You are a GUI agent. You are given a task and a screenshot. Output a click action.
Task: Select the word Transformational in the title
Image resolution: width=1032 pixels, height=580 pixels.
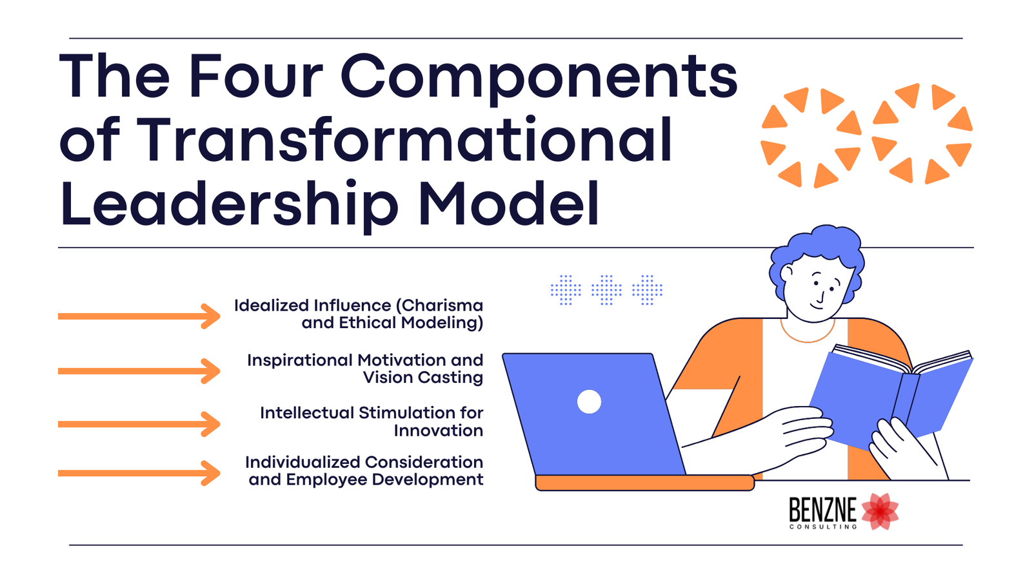pyautogui.click(x=405, y=140)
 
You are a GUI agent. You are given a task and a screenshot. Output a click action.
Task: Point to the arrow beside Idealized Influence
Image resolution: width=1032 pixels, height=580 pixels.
pyautogui.click(x=139, y=316)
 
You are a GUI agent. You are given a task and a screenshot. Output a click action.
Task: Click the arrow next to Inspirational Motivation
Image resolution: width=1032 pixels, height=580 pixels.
pyautogui.click(x=139, y=371)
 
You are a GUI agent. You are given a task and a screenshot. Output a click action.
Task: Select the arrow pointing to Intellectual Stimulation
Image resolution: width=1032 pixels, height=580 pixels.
pyautogui.click(x=139, y=424)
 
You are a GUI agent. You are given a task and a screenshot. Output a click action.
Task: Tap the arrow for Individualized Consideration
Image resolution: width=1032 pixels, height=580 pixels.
pyautogui.click(x=139, y=473)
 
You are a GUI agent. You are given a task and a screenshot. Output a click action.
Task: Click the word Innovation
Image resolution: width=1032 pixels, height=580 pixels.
pyautogui.click(x=439, y=430)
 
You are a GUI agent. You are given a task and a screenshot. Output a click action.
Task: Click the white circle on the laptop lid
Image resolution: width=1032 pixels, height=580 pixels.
pyautogui.click(x=589, y=401)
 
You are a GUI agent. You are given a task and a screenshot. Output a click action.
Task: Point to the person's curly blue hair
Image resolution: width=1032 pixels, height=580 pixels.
pyautogui.click(x=819, y=248)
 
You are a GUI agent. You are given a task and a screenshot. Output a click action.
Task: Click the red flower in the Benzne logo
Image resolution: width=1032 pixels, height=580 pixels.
pyautogui.click(x=880, y=512)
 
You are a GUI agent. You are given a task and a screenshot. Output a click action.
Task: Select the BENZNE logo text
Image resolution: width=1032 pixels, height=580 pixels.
pyautogui.click(x=822, y=512)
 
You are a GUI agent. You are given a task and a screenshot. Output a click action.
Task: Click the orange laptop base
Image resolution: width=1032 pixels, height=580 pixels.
pyautogui.click(x=645, y=483)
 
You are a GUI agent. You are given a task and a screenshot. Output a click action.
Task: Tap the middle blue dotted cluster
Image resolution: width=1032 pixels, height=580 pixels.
pyautogui.click(x=606, y=290)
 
